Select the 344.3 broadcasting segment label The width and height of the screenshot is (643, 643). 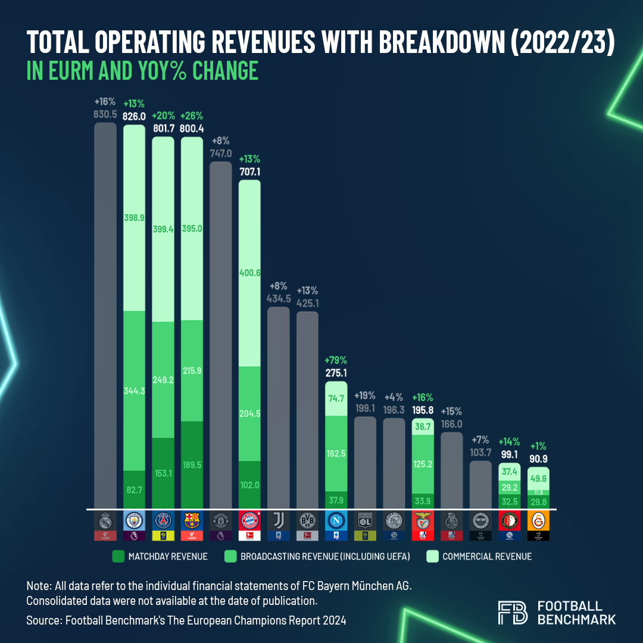coord(134,391)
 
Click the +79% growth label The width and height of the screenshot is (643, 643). coord(336,361)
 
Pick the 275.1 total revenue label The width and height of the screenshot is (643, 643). coord(336,373)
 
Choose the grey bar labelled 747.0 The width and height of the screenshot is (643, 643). coord(221,333)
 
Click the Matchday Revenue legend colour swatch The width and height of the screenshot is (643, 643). coord(118,557)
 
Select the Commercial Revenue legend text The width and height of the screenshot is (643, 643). coord(487,557)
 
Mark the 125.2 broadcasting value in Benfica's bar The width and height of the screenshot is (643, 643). coord(422,461)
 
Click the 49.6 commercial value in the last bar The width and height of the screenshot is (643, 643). coord(538,479)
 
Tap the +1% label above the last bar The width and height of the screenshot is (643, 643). coord(538,445)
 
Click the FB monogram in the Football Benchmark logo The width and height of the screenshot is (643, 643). coord(512,613)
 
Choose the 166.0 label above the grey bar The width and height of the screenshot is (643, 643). coord(451,424)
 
